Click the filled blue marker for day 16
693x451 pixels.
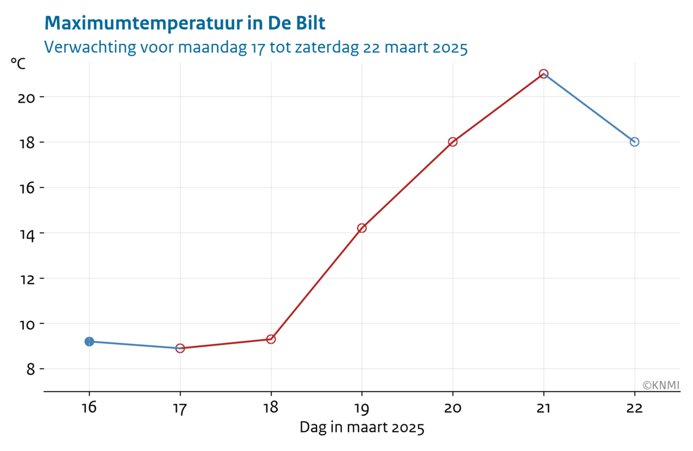(x=89, y=341)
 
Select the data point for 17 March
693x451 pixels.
(x=180, y=348)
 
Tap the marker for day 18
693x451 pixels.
(x=271, y=339)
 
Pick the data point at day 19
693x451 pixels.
(x=362, y=228)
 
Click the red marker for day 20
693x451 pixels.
(x=453, y=142)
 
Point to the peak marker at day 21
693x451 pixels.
(x=544, y=74)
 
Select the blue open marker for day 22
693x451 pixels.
(x=634, y=142)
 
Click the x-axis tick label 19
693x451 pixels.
(x=362, y=408)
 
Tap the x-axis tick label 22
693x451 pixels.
(x=634, y=408)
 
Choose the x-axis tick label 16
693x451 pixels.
(x=89, y=408)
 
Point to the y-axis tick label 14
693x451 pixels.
(x=26, y=233)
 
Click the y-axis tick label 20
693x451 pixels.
(x=26, y=97)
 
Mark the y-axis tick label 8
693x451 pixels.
(x=30, y=369)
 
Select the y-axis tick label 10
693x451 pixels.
(x=26, y=324)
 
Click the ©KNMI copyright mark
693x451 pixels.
(x=661, y=386)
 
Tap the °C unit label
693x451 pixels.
(x=18, y=63)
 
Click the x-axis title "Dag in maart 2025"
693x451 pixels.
(x=362, y=427)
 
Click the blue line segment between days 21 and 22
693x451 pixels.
(x=589, y=108)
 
